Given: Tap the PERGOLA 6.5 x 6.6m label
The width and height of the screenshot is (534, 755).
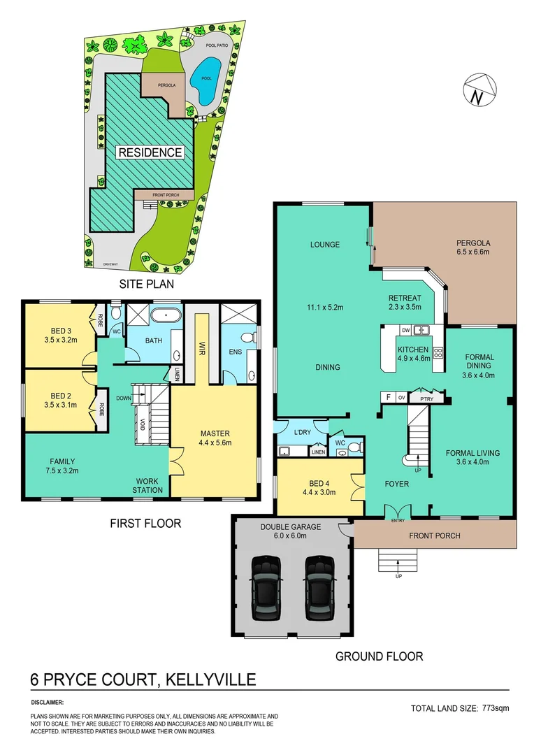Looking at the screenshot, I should tap(477, 246).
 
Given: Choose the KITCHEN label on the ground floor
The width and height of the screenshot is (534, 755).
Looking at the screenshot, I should tap(412, 349).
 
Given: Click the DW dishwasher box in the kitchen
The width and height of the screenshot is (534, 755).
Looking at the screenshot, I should tap(405, 330).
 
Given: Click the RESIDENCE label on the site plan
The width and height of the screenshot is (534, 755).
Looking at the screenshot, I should tap(150, 152).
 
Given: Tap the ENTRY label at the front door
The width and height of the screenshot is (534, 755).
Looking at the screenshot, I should tap(398, 519).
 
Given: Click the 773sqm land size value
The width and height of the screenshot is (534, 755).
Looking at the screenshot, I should tap(496, 708).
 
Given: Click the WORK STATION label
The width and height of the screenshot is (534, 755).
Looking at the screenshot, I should tap(149, 485).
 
